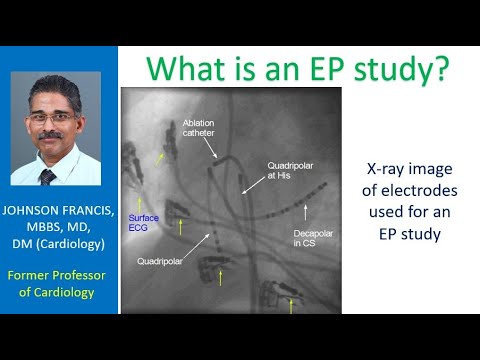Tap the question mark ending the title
[x=440, y=69]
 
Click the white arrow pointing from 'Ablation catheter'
[x=213, y=150]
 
